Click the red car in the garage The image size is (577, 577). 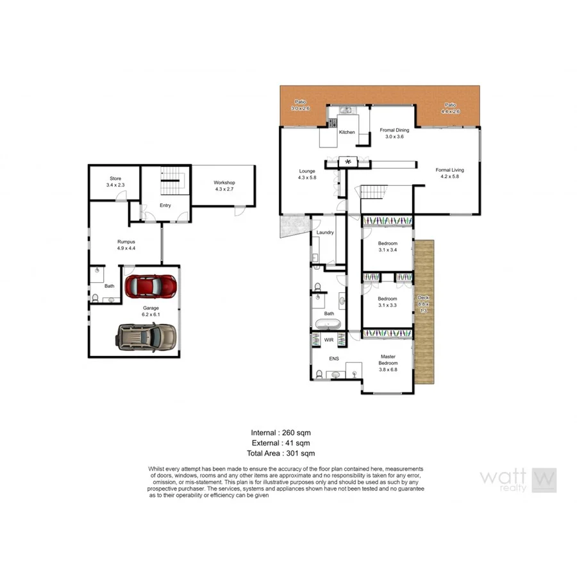(x=151, y=286)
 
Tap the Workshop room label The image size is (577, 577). (x=224, y=186)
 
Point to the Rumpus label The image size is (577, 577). (x=126, y=245)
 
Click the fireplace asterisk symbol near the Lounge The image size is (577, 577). (x=349, y=162)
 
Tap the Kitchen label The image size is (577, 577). (x=347, y=132)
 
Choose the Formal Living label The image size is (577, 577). (x=449, y=173)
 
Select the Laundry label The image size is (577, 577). (x=325, y=232)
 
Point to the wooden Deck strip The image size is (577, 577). (x=424, y=312)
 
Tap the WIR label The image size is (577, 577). (x=329, y=340)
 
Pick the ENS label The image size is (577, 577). (x=334, y=359)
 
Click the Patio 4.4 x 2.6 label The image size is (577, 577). (x=450, y=108)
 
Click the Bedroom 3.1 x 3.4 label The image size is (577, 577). (x=387, y=247)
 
